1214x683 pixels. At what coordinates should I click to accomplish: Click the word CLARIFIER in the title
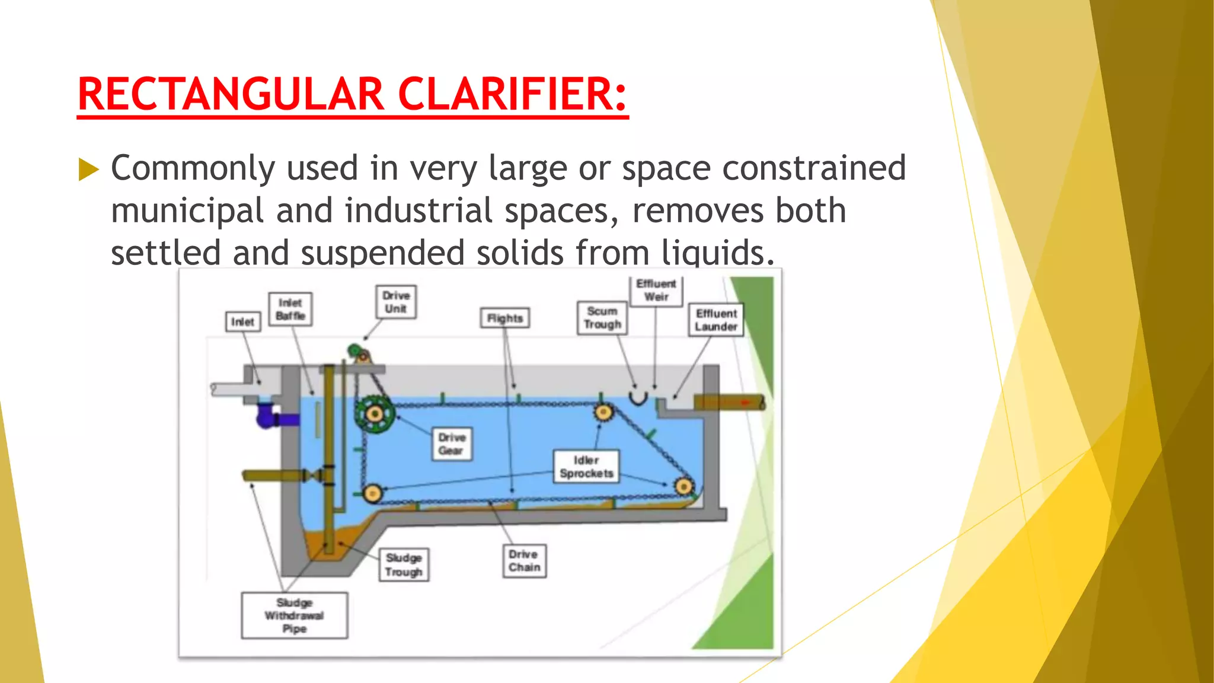(512, 94)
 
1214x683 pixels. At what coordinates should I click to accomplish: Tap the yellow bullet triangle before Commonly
(88, 170)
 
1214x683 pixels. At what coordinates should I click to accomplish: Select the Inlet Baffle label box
(290, 309)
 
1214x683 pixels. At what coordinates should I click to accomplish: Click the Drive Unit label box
(395, 302)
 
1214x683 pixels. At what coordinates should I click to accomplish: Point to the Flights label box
(505, 318)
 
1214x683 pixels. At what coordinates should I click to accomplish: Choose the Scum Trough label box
(602, 318)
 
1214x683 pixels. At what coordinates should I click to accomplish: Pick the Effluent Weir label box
(656, 290)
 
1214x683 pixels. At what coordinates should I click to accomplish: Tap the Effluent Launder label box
(716, 320)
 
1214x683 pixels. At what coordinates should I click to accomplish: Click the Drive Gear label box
(452, 444)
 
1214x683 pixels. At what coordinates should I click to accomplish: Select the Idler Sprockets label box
(586, 467)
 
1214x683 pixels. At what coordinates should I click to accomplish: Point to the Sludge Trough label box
(404, 565)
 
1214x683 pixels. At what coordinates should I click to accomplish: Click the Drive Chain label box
(524, 561)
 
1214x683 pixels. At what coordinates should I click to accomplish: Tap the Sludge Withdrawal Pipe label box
(294, 615)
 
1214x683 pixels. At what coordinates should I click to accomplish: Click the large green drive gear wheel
(374, 414)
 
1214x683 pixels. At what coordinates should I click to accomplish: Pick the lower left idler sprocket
(372, 493)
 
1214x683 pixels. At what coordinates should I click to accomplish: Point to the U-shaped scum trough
(638, 398)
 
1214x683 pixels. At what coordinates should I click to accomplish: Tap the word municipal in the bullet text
(187, 211)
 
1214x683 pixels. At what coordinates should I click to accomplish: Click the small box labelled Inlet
(243, 322)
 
